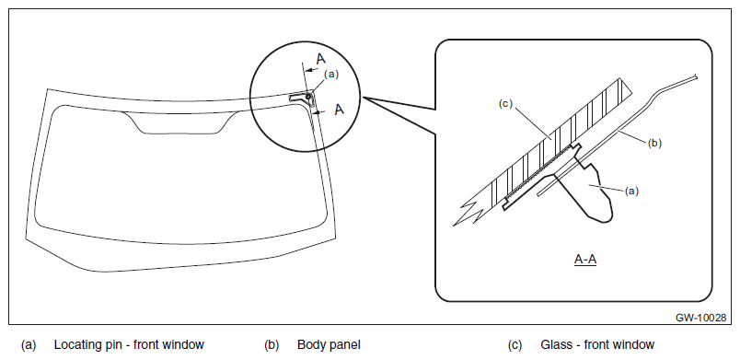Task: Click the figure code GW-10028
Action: [700, 318]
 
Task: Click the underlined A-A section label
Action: [585, 260]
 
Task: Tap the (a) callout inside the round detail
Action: [331, 74]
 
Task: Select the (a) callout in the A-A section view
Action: [631, 192]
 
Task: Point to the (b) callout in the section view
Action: [654, 144]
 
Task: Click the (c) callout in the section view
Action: [506, 104]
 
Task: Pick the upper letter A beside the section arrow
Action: [321, 60]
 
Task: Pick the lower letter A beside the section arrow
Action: [340, 110]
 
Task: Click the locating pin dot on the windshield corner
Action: [308, 97]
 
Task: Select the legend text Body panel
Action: [329, 345]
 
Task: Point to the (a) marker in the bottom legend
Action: [29, 345]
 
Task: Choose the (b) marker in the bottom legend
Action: [272, 345]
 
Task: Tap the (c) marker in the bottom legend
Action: [515, 345]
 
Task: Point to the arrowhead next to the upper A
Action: [307, 70]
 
